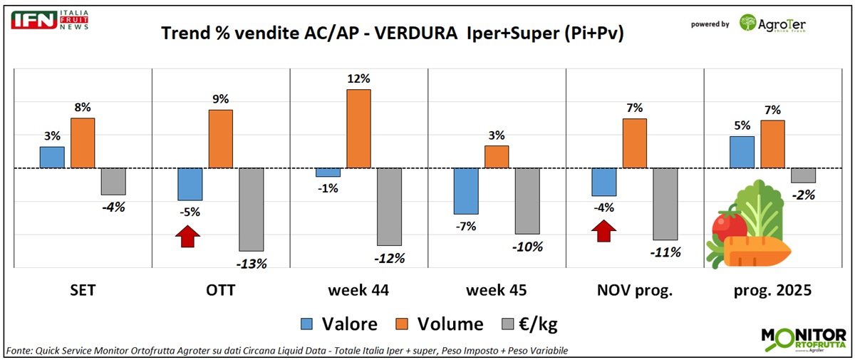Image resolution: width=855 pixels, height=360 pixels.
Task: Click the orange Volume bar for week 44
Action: tap(358, 128)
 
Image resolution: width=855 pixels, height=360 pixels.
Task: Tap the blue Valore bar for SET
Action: tap(52, 158)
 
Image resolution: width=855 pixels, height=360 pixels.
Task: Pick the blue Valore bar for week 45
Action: tap(466, 191)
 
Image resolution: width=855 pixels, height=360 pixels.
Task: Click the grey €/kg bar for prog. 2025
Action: tap(803, 175)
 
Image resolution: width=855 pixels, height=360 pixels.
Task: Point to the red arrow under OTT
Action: tap(187, 236)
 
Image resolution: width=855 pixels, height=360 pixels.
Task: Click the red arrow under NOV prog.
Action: tap(603, 231)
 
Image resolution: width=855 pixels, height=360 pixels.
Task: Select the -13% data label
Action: tap(252, 263)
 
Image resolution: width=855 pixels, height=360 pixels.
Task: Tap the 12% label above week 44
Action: tap(358, 78)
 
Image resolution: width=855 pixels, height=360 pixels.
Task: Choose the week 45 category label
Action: tap(497, 291)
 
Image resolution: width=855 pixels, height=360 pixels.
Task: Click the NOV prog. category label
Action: tap(634, 291)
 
